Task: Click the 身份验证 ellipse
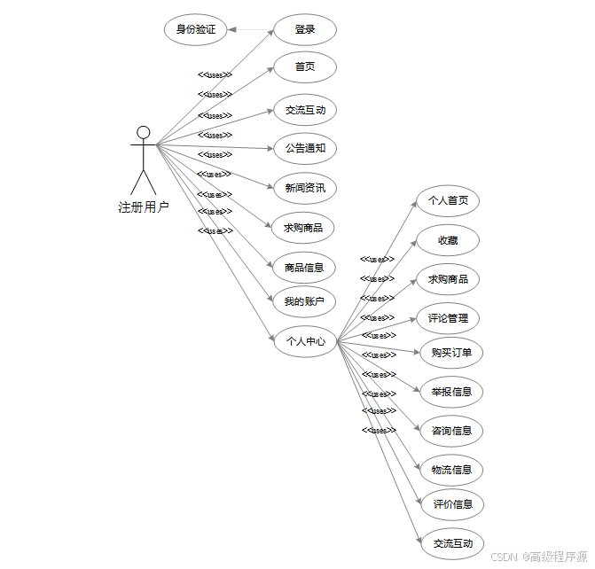(x=195, y=29)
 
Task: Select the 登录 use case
(x=305, y=29)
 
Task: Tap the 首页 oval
(x=305, y=67)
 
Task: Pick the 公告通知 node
(x=305, y=148)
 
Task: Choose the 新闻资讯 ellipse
(x=305, y=188)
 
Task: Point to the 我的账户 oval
(x=304, y=302)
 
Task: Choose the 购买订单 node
(x=451, y=353)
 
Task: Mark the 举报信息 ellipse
(x=451, y=392)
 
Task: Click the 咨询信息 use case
(x=451, y=431)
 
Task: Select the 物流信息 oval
(x=451, y=470)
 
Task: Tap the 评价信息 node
(x=452, y=505)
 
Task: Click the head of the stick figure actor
(x=142, y=133)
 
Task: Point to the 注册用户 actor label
(x=143, y=207)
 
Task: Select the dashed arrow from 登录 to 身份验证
(x=250, y=29)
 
